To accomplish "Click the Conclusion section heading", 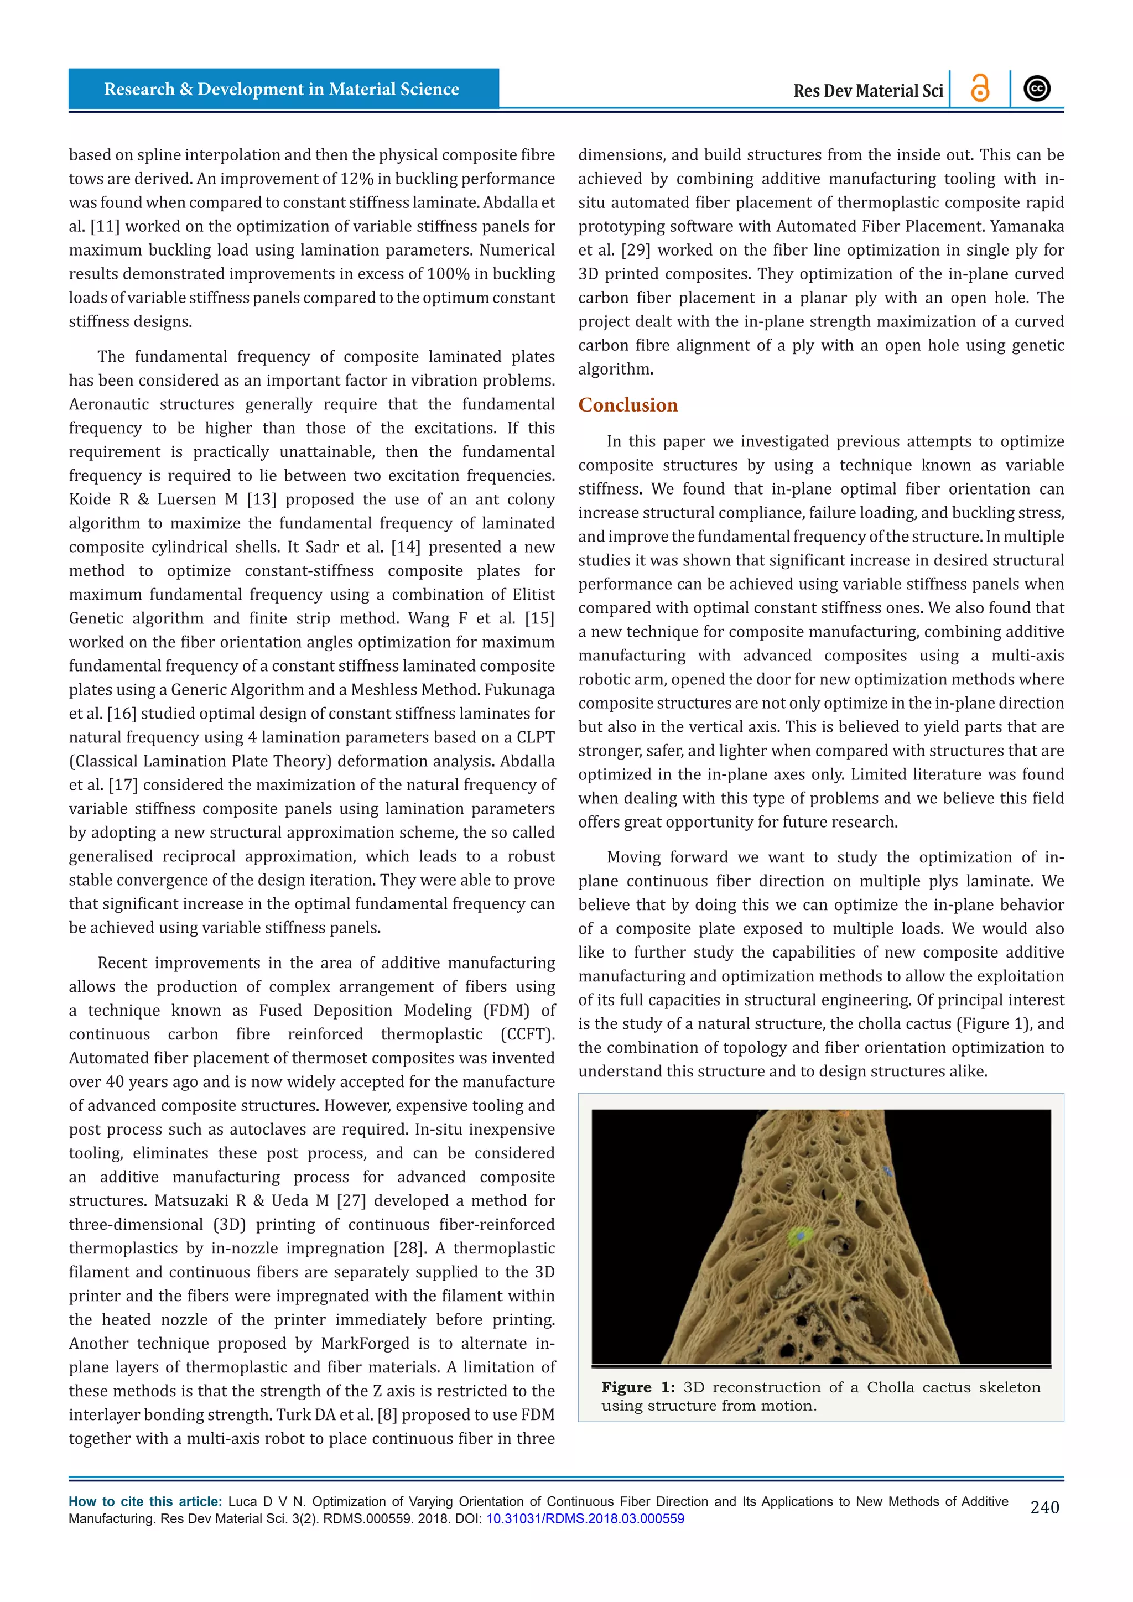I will pos(628,405).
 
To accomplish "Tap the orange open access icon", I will pos(980,89).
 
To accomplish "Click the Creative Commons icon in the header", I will pos(1037,89).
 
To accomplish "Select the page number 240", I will pos(1044,1508).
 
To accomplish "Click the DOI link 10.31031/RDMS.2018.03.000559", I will pos(585,1519).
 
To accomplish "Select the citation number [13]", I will pos(262,500).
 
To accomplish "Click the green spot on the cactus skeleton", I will pos(799,1236).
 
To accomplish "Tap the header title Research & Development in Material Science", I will pos(281,89).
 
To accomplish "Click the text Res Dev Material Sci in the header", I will pos(868,91).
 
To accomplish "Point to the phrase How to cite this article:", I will pos(145,1501).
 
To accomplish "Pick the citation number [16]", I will pos(123,714).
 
